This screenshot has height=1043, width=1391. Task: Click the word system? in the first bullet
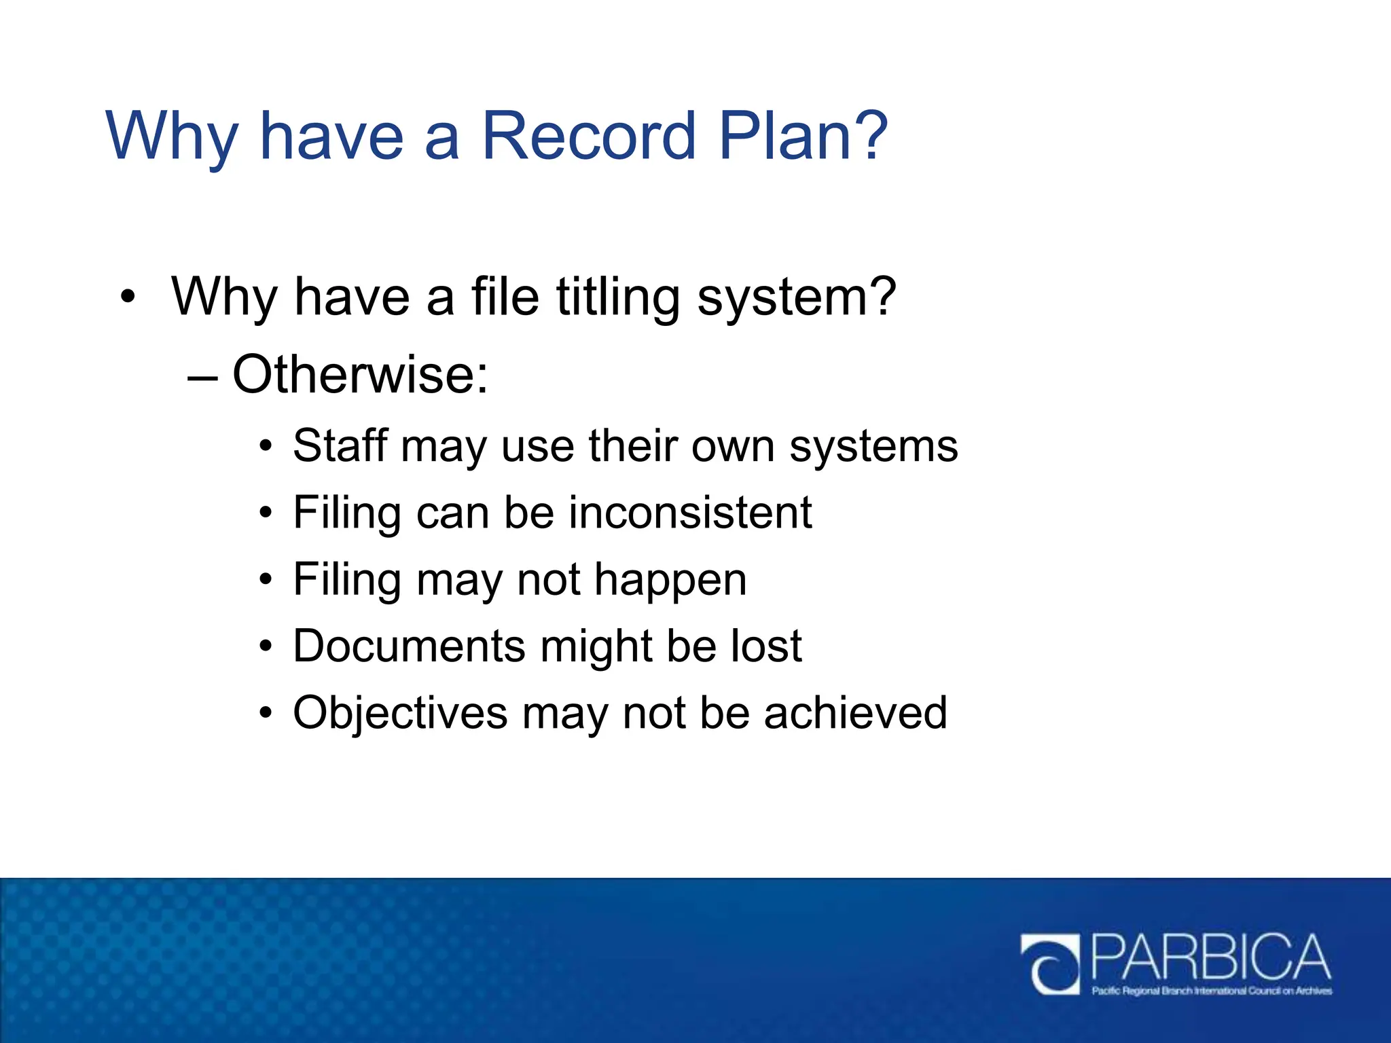(x=796, y=299)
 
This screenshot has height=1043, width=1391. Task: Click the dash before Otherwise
(x=202, y=377)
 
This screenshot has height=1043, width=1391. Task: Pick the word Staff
(x=340, y=446)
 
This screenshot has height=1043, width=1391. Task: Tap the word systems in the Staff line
(x=873, y=447)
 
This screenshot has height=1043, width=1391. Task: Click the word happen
(x=670, y=581)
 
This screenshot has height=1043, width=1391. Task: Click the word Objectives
(x=400, y=713)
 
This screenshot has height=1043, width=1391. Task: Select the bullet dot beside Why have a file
(x=127, y=297)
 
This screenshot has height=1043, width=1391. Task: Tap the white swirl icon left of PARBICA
(x=1050, y=964)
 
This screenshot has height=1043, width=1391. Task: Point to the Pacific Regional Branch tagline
(x=1212, y=991)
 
